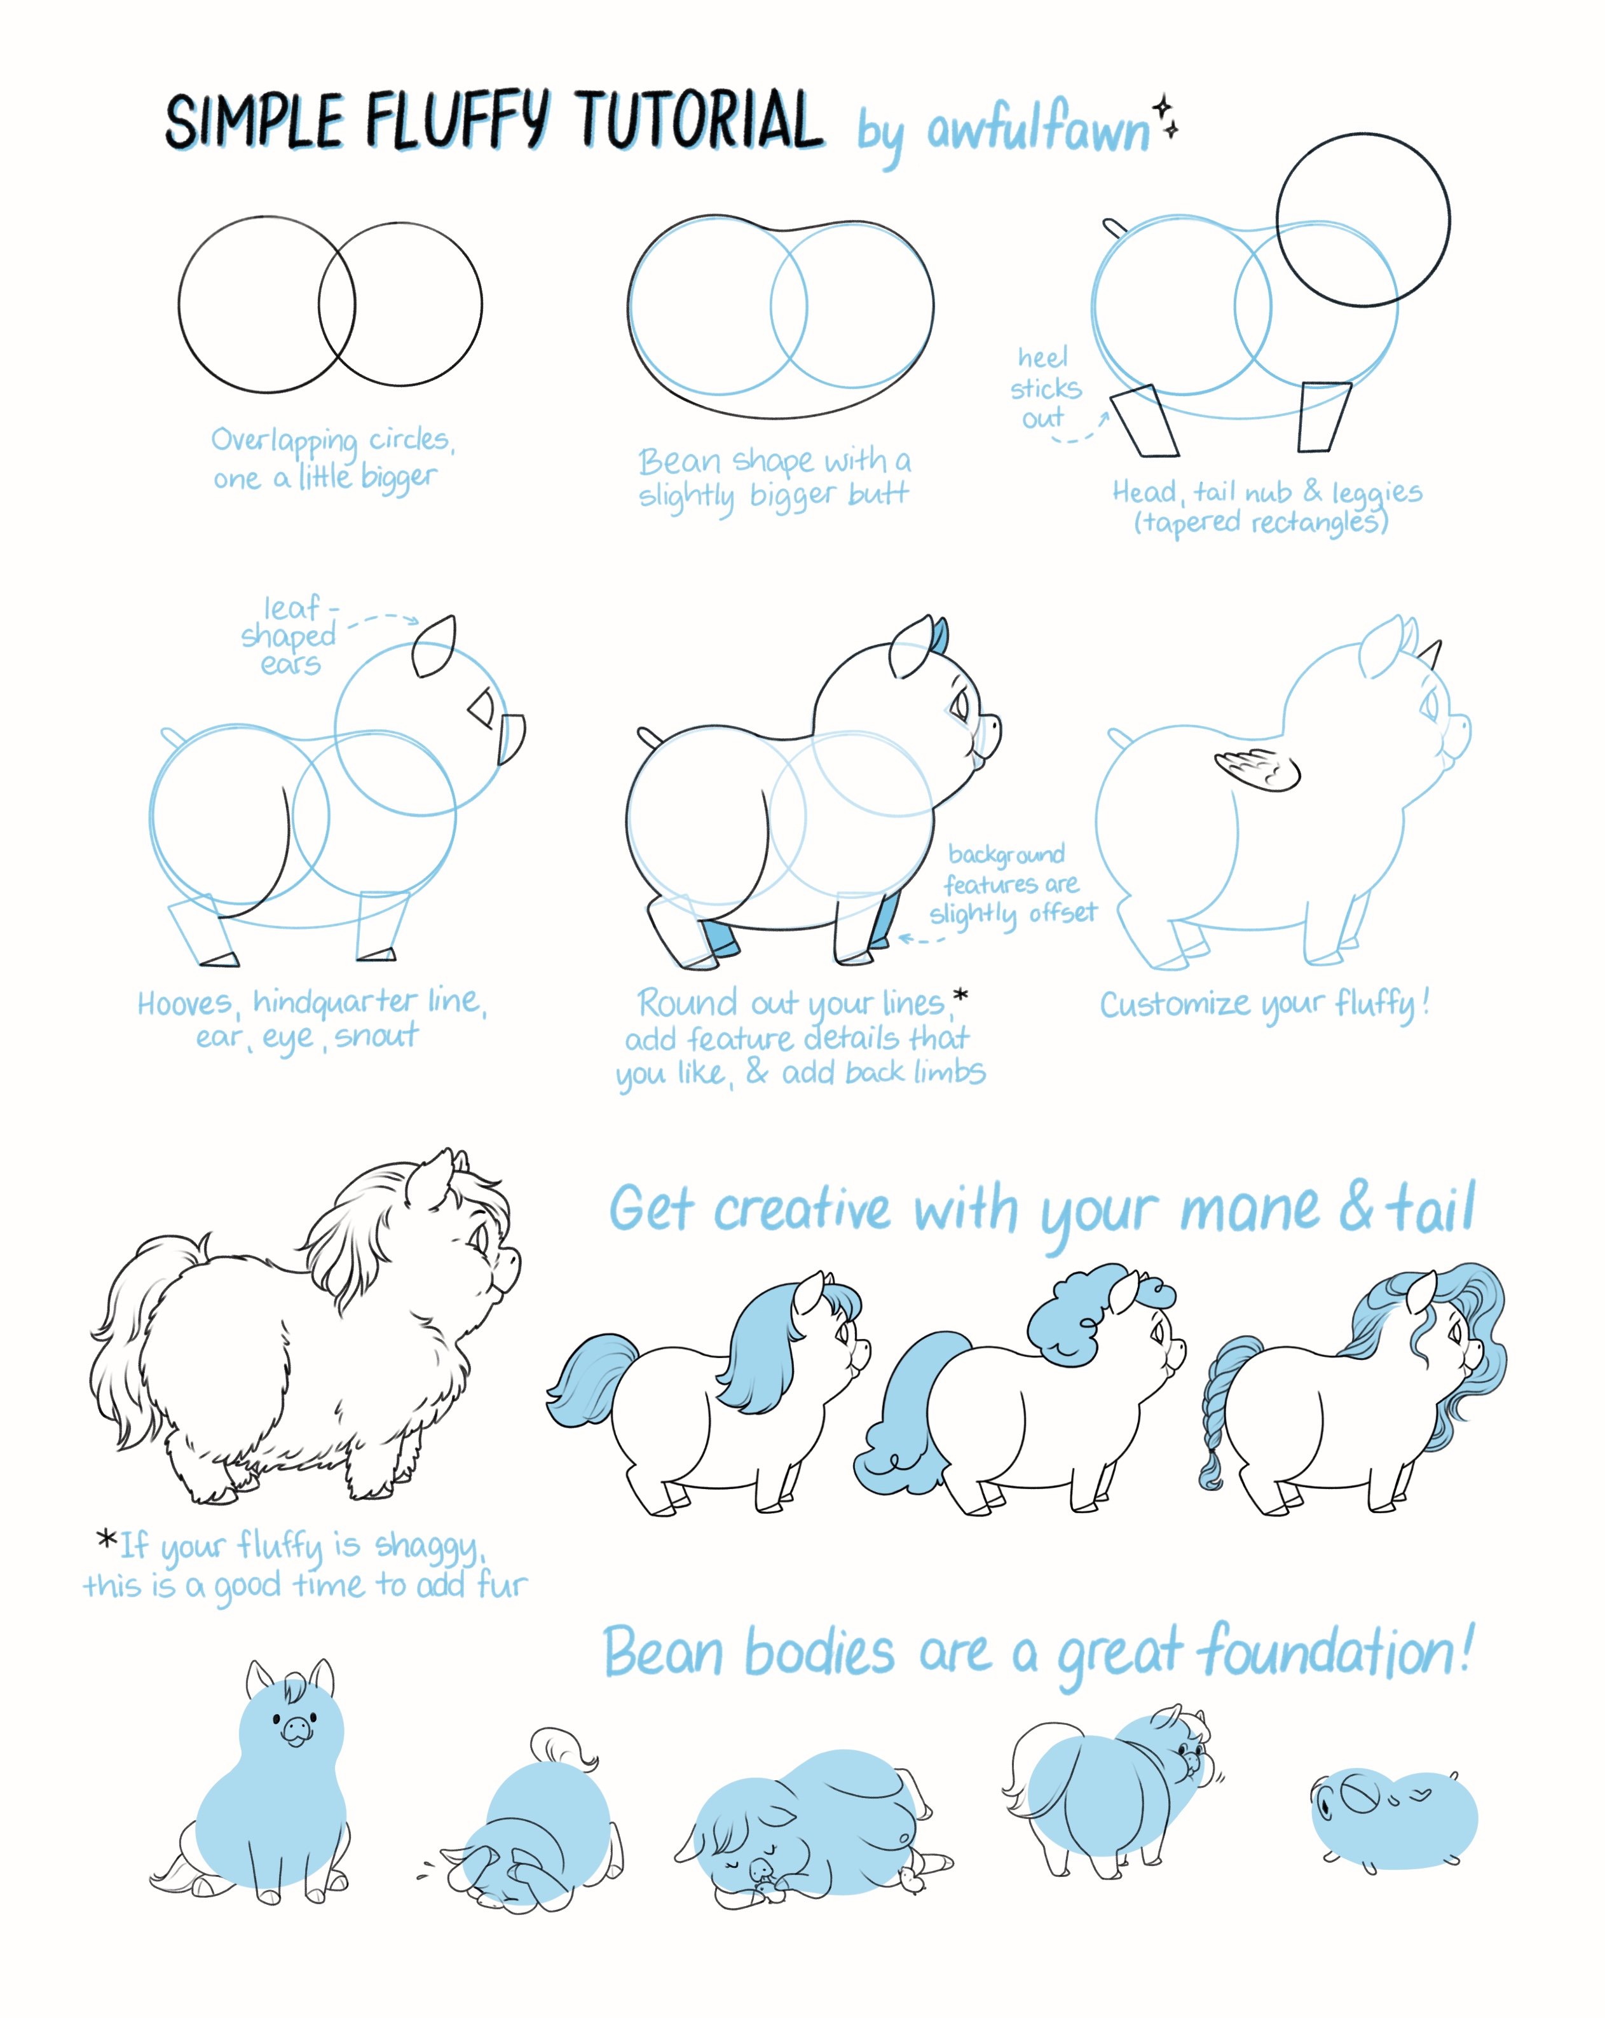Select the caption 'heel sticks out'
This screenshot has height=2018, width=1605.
point(1044,387)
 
